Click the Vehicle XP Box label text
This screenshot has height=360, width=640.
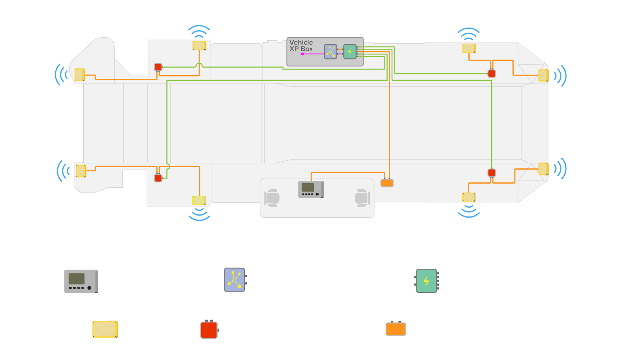point(301,46)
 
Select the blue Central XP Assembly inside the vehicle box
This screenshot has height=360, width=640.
point(330,52)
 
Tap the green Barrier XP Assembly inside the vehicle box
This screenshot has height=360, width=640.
point(350,52)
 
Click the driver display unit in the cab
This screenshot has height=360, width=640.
point(311,189)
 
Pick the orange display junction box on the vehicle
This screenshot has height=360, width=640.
point(387,183)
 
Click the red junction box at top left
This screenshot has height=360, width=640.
point(158,67)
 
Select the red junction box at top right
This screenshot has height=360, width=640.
point(492,74)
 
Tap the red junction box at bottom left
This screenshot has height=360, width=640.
point(158,178)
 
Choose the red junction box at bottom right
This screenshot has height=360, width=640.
point(492,173)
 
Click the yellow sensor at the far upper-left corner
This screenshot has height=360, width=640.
point(80,74)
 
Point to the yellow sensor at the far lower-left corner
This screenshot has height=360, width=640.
point(81,171)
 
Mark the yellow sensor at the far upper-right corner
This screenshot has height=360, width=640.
point(543,75)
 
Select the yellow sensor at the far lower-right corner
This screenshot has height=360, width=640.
point(543,169)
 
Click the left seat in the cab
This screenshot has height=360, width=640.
point(272,198)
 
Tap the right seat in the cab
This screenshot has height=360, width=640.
point(362,198)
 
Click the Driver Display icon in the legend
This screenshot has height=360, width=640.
point(81,281)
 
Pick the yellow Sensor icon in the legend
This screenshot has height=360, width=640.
point(105,329)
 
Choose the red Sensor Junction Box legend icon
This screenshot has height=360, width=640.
point(209,330)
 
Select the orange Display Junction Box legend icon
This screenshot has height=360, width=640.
point(396,329)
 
